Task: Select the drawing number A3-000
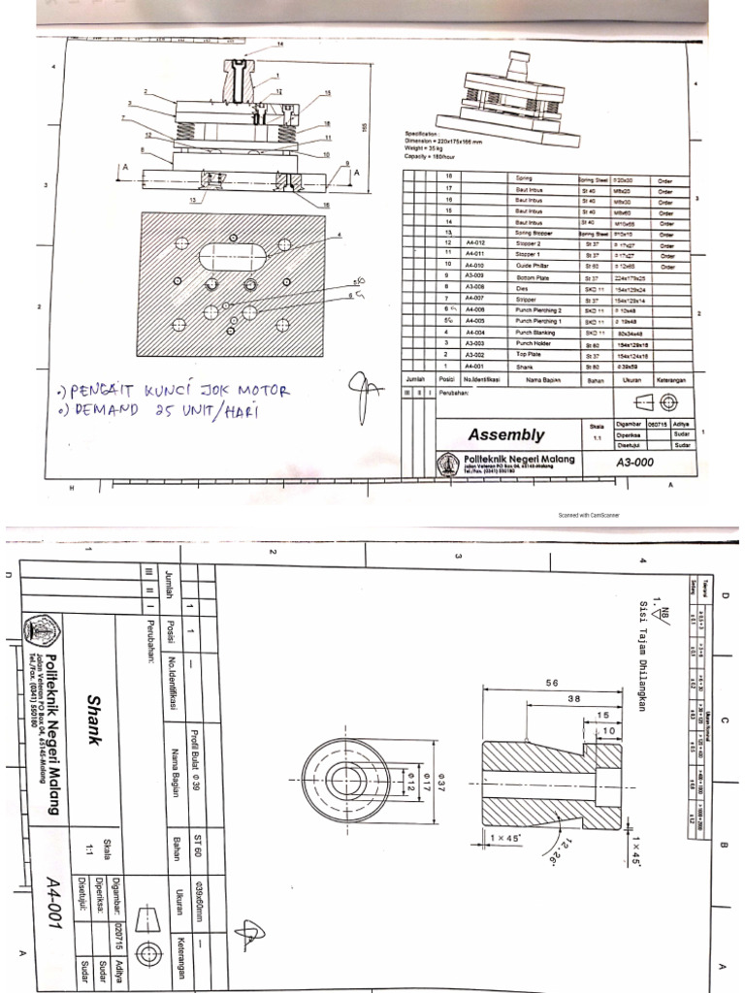[634, 463]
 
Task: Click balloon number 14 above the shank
[281, 46]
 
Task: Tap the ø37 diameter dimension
[439, 777]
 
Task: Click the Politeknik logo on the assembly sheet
[449, 464]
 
